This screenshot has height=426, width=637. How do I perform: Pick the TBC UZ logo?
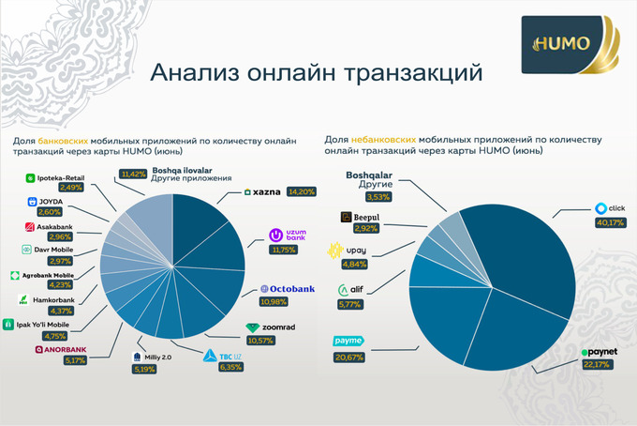tap(216, 355)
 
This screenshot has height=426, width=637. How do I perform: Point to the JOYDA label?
tap(44, 201)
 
